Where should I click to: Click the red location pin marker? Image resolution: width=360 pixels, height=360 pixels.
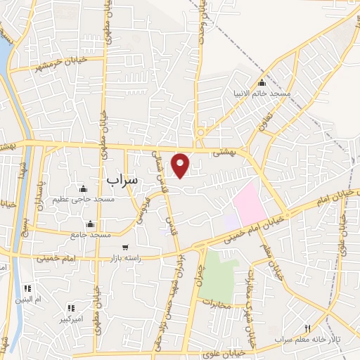tap(181, 165)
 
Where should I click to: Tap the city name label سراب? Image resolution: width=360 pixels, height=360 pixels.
tap(124, 181)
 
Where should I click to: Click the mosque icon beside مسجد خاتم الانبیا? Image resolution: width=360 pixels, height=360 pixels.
tap(262, 83)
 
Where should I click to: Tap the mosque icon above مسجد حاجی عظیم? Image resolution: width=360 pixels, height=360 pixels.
tap(84, 188)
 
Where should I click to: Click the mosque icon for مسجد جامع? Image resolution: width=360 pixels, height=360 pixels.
tap(89, 224)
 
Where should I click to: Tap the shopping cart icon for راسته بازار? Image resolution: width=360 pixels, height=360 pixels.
tap(125, 247)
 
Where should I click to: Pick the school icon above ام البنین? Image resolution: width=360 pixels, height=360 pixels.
tap(28, 288)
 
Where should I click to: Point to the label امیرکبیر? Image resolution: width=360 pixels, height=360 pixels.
tap(71, 319)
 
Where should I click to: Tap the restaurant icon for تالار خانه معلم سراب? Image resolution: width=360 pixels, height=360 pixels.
tap(307, 328)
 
